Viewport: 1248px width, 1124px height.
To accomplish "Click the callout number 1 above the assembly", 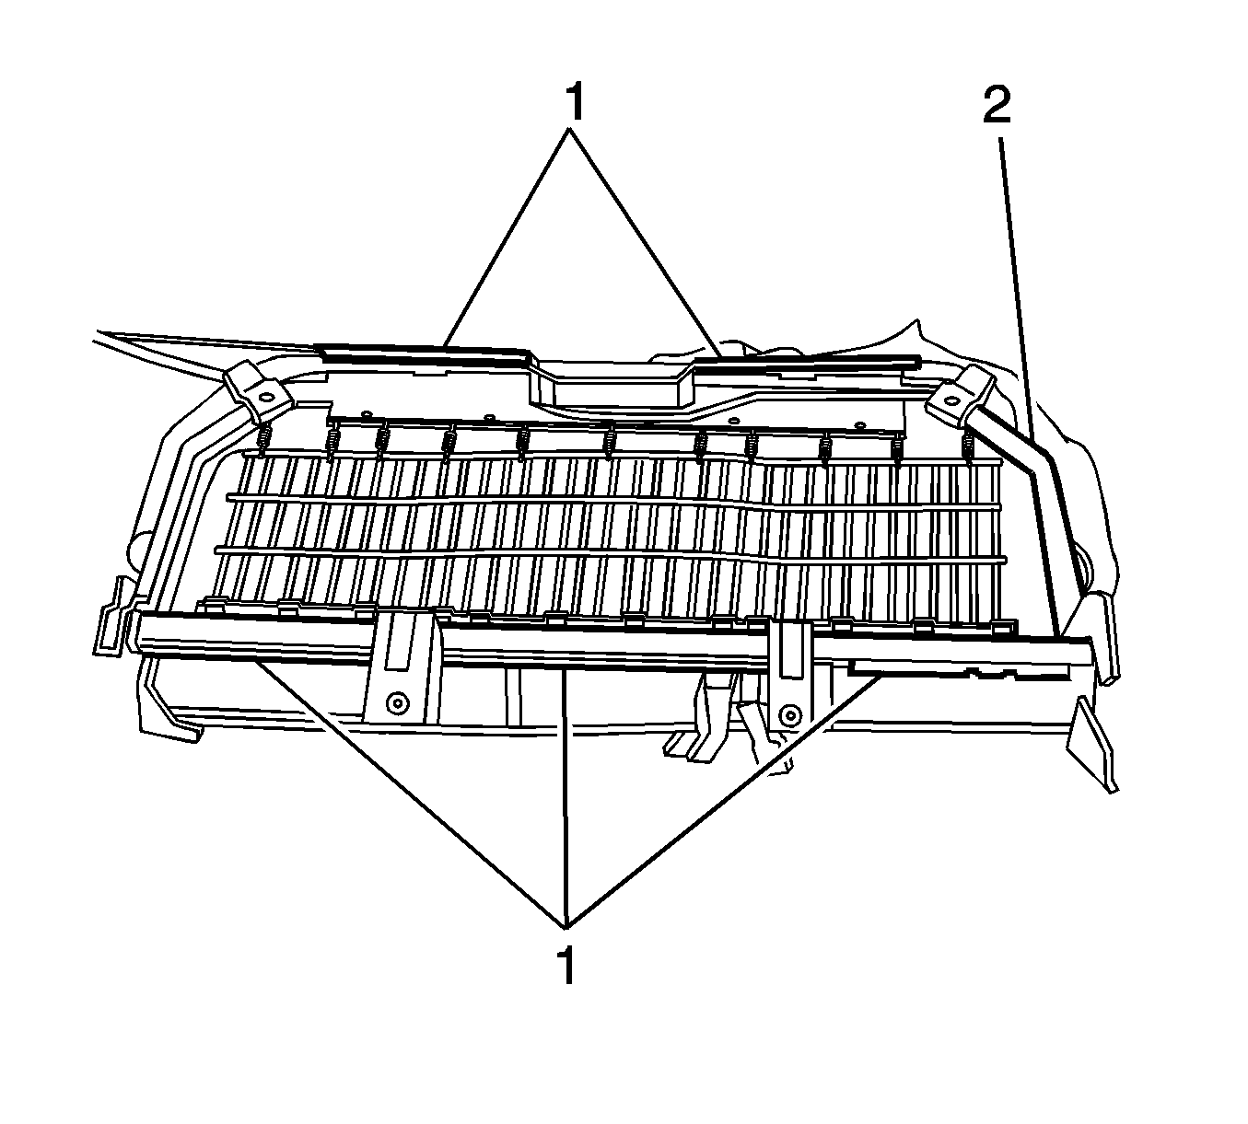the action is tap(576, 102).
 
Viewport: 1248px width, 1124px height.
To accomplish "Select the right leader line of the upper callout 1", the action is tap(646, 242).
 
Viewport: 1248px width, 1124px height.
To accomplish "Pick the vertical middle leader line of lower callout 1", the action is tap(565, 797).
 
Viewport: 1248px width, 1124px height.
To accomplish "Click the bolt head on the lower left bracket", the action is tap(396, 703).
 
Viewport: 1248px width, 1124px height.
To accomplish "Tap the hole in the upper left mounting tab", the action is tap(265, 396).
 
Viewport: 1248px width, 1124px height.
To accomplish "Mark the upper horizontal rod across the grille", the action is tap(612, 503).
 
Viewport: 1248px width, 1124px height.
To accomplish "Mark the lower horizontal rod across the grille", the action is tap(610, 552).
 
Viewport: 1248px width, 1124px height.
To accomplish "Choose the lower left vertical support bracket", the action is tap(402, 672).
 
